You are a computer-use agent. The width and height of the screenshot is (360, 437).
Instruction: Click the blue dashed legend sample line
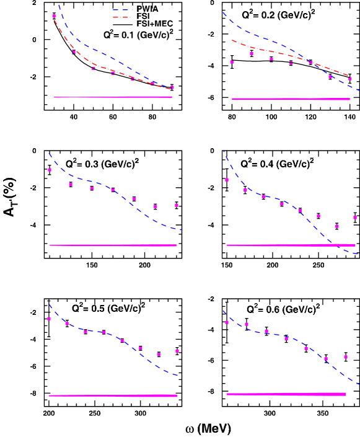tap(123, 11)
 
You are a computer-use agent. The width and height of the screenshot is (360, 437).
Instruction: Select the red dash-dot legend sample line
tap(123, 17)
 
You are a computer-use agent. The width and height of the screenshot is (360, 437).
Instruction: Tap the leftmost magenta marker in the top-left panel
tap(55, 16)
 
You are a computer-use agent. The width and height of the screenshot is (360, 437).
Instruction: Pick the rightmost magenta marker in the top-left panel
tap(172, 87)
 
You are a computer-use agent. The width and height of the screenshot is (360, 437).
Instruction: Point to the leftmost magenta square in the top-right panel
tap(232, 62)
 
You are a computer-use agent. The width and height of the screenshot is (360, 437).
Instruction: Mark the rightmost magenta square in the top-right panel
tap(350, 79)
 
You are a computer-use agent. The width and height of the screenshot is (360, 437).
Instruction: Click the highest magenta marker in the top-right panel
tap(252, 54)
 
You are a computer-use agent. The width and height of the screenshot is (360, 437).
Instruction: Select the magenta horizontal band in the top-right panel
tap(291, 99)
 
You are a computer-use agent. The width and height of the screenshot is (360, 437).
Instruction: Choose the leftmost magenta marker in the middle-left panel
tap(50, 170)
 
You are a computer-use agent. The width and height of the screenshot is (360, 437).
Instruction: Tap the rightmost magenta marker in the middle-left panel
tap(177, 205)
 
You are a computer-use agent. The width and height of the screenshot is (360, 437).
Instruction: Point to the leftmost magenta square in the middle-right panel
tap(227, 180)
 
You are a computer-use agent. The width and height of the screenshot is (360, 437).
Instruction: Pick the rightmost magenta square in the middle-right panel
tap(355, 218)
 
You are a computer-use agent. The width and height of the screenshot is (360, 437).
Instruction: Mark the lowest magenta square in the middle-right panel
tap(337, 226)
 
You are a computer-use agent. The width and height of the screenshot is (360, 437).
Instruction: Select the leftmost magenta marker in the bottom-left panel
tap(49, 319)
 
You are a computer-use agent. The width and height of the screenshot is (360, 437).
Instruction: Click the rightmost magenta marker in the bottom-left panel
tap(177, 351)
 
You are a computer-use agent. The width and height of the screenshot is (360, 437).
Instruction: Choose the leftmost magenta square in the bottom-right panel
tap(227, 322)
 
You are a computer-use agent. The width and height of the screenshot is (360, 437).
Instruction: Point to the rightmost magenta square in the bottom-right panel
tap(346, 357)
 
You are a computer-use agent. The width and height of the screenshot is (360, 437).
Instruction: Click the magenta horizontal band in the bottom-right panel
tap(286, 394)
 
